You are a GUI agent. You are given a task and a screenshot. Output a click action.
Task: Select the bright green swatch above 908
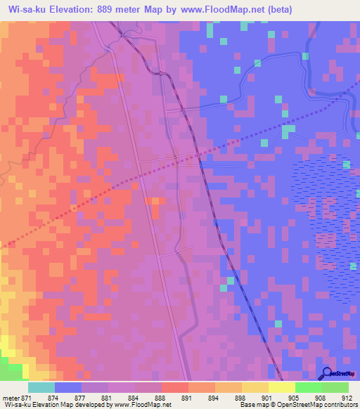coord(308,387)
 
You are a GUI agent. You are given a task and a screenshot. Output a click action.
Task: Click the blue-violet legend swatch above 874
coord(68,387)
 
